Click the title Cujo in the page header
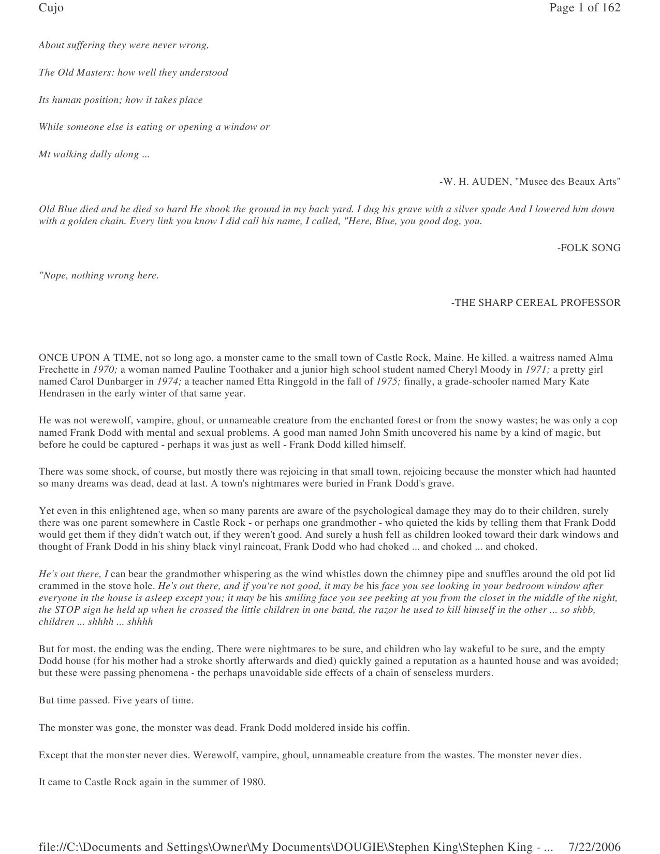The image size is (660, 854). click(51, 8)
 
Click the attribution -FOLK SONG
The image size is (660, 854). click(589, 248)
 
